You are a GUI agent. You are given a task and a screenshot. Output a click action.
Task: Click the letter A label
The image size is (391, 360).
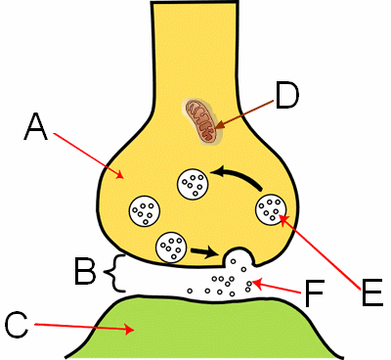[x=35, y=126]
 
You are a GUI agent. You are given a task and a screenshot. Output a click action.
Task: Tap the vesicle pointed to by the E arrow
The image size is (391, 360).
[x=271, y=207]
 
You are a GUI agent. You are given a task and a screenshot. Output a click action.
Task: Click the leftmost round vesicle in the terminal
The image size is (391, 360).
[x=145, y=208]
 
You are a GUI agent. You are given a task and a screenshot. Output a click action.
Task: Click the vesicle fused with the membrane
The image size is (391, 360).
[x=239, y=260]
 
